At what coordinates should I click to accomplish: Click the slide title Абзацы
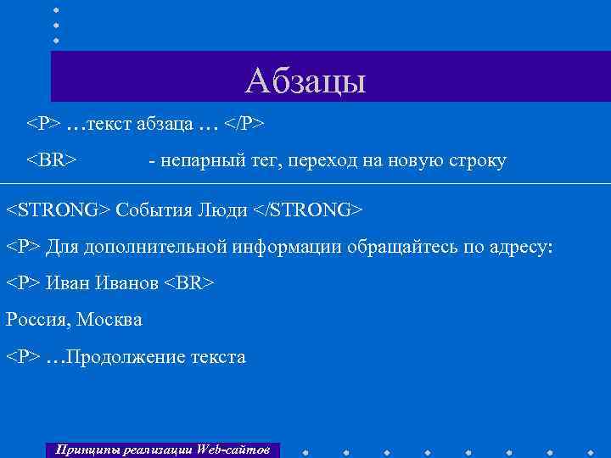tap(305, 81)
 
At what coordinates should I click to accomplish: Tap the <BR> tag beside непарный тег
tap(52, 161)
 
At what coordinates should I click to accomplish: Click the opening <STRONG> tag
tap(59, 209)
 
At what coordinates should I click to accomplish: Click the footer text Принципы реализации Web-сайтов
tap(162, 449)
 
